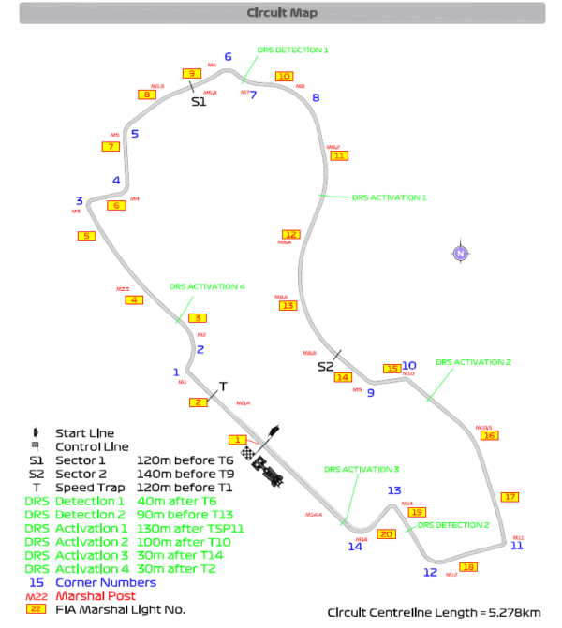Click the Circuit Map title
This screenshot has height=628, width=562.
click(x=282, y=13)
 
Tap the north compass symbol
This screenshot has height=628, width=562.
click(x=460, y=253)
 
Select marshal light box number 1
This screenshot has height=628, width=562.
click(x=239, y=440)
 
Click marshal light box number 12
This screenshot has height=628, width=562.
click(x=291, y=234)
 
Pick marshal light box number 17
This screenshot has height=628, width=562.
click(x=510, y=497)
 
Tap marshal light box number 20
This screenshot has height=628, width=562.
click(x=386, y=534)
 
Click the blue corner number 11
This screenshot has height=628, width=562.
click(x=517, y=546)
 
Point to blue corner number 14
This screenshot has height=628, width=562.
click(x=356, y=547)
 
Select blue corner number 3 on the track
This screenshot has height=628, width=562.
click(x=80, y=200)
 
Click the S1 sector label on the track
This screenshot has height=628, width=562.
click(x=198, y=102)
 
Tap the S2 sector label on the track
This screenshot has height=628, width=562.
click(x=325, y=366)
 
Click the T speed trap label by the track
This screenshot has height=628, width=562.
click(x=223, y=386)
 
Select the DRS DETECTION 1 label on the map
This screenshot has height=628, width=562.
click(x=292, y=51)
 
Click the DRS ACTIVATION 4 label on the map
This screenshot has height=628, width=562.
click(x=207, y=286)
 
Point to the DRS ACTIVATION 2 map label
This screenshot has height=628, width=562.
click(x=473, y=362)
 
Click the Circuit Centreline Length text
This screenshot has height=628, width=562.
click(x=434, y=612)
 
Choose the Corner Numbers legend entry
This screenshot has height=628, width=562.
click(x=109, y=582)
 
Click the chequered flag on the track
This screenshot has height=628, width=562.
click(x=248, y=454)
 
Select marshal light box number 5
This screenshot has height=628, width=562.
click(x=87, y=236)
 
